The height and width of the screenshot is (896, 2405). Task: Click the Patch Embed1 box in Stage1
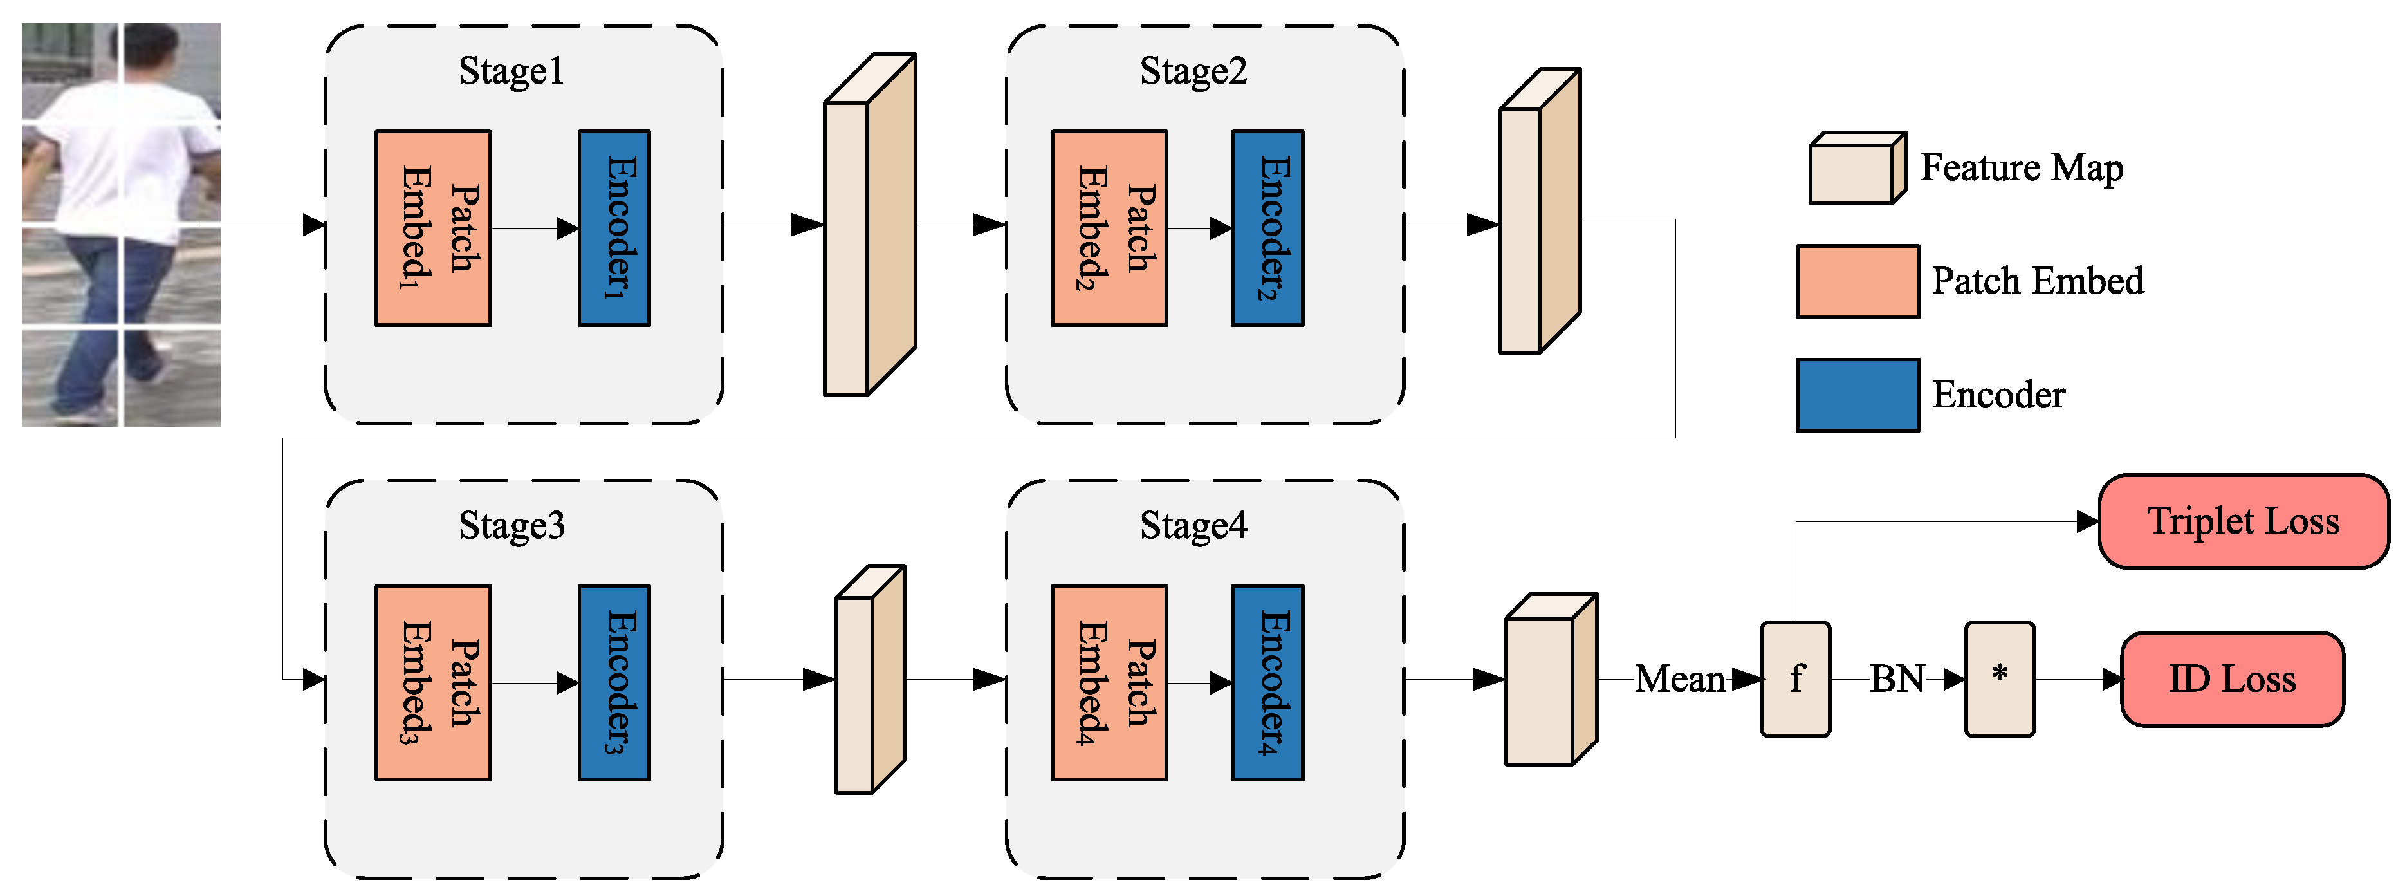pyautogui.click(x=432, y=228)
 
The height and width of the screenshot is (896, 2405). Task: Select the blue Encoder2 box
pyautogui.click(x=1267, y=228)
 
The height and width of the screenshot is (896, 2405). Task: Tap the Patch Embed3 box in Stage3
pyautogui.click(x=432, y=683)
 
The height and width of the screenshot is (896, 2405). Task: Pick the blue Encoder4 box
pyautogui.click(x=1267, y=683)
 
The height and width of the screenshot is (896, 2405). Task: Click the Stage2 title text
pyautogui.click(x=1192, y=71)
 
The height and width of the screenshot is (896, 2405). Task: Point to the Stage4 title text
pyautogui.click(x=1192, y=526)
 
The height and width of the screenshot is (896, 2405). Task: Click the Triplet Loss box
pyautogui.click(x=2243, y=521)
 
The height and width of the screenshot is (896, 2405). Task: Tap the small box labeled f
pyautogui.click(x=1794, y=679)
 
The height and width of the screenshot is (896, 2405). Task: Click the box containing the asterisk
pyautogui.click(x=1999, y=679)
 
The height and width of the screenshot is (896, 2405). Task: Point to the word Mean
pyautogui.click(x=1679, y=679)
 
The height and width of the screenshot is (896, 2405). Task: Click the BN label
pyautogui.click(x=1896, y=679)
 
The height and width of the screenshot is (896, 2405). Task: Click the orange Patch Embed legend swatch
pyautogui.click(x=1857, y=281)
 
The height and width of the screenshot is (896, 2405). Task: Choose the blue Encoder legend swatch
pyautogui.click(x=1857, y=395)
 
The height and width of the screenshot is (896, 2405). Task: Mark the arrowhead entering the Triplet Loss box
pyautogui.click(x=2088, y=521)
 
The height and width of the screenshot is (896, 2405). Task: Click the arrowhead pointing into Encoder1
pyautogui.click(x=567, y=228)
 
